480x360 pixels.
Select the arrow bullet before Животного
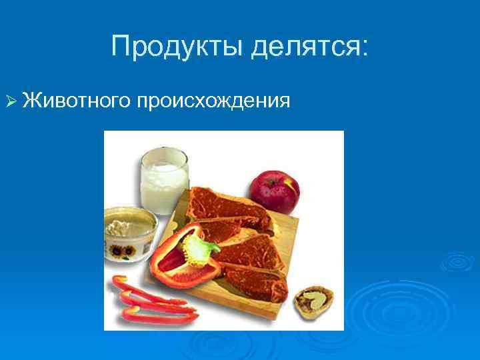click(x=9, y=101)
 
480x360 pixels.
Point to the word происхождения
click(x=214, y=101)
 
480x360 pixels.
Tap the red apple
click(x=274, y=191)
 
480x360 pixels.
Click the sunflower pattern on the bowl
click(x=119, y=252)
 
